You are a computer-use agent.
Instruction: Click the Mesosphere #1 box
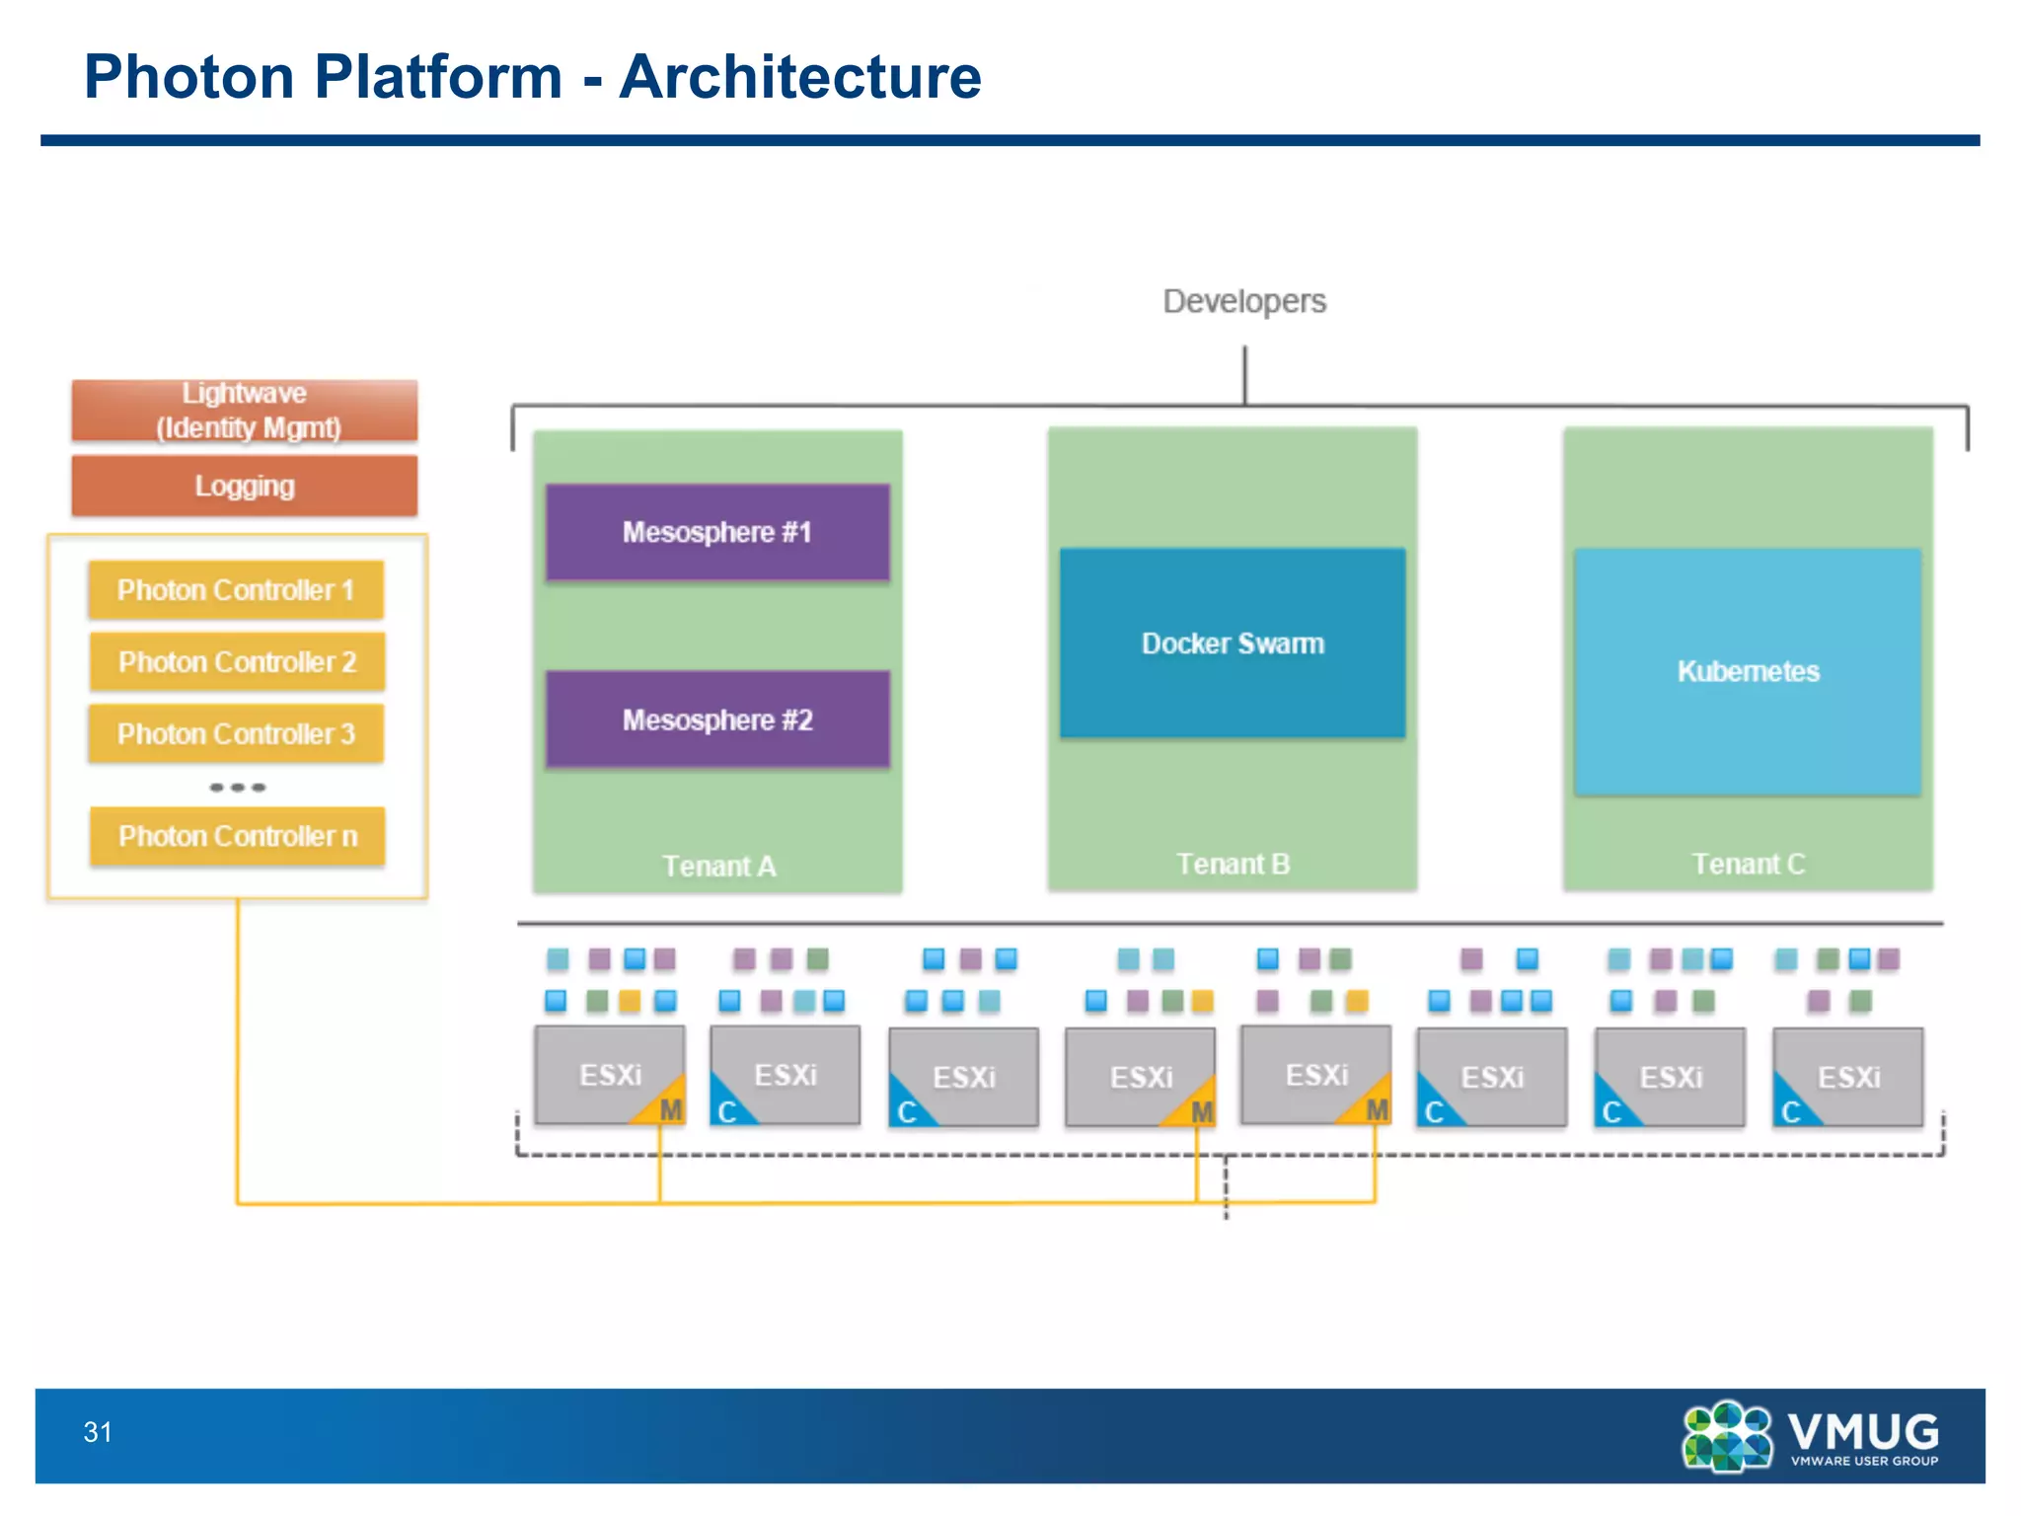coord(717,532)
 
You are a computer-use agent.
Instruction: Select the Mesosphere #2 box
coord(717,720)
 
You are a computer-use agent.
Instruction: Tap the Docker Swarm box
coord(1233,643)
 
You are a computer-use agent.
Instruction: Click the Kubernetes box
coord(1748,671)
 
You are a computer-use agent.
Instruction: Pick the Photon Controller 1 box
coord(236,590)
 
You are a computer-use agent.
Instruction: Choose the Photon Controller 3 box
coord(236,733)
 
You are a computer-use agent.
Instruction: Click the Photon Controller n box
coord(237,836)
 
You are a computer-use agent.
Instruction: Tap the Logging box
coord(244,486)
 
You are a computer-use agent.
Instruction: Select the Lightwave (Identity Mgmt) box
coord(244,410)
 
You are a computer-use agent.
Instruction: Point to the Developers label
coord(1244,301)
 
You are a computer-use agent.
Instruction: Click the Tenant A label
coord(718,866)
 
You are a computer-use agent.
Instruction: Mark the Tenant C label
coord(1748,864)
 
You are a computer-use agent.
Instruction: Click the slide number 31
coord(98,1432)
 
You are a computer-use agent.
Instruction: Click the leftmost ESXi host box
coord(609,1074)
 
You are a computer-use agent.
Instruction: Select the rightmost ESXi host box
coord(1847,1076)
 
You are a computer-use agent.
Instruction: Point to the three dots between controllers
coord(237,787)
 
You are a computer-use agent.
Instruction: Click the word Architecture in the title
coord(799,77)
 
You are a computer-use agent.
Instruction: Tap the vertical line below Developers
coord(1244,374)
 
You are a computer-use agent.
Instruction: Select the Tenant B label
coord(1233,864)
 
